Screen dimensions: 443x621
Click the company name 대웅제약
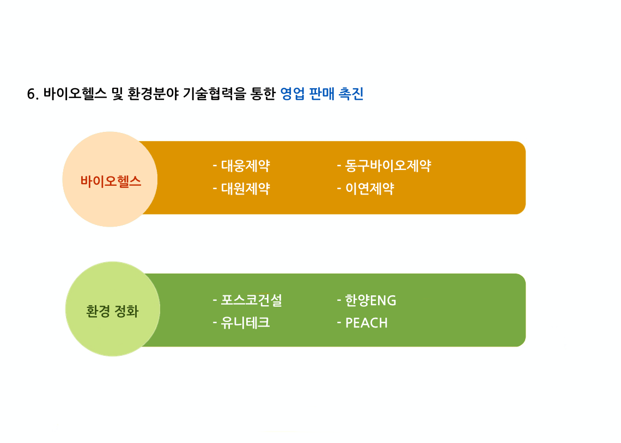(245, 166)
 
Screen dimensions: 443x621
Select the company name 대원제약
(245, 189)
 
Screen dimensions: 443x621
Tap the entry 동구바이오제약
(388, 166)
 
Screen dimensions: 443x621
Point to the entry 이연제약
(369, 189)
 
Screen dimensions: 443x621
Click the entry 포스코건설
(251, 300)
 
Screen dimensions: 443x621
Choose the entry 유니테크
(245, 323)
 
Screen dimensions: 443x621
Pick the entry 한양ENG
(370, 300)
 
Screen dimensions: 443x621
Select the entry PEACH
(366, 323)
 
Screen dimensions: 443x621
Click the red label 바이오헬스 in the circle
(111, 181)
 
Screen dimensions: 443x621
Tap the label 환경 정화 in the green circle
(112, 311)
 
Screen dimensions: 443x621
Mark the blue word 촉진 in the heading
(351, 94)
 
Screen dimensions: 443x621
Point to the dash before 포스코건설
(215, 300)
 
